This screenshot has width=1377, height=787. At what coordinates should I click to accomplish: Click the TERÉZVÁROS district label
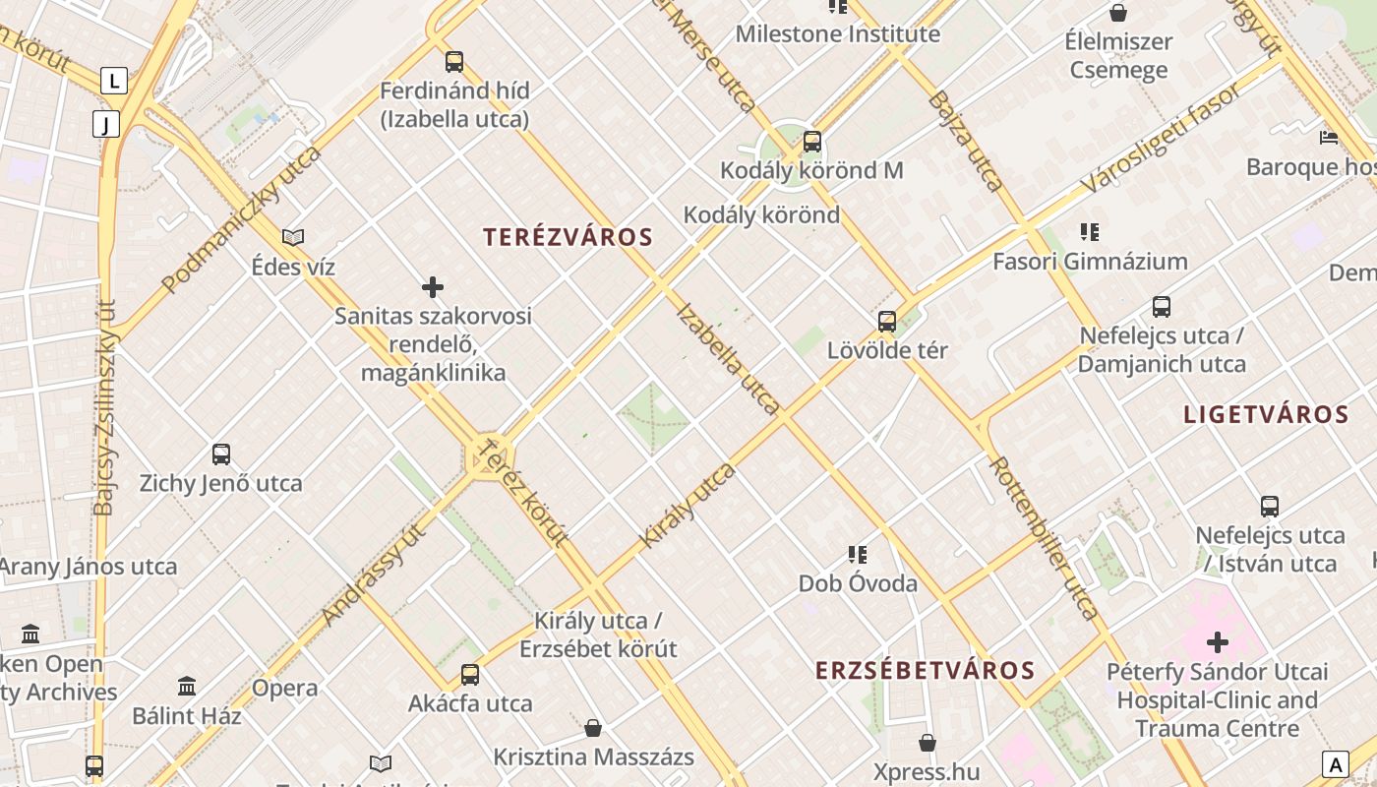coord(568,237)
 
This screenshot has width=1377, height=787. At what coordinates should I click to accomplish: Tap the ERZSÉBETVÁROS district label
coord(925,671)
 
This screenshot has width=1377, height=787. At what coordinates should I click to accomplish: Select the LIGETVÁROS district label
coord(1266,414)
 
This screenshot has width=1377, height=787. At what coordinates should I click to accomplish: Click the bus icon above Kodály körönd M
coord(811,142)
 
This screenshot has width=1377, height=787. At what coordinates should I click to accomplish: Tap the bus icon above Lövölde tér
coord(887,322)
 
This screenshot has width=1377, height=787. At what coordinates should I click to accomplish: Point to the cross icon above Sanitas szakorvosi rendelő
coord(433,287)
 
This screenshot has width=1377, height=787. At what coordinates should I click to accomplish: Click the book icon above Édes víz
coord(293,237)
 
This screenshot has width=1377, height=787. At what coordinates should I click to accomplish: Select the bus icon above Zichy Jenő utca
coord(221,454)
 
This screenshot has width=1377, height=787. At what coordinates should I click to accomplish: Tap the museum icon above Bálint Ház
coord(187,686)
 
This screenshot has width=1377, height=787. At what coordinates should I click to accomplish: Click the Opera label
coord(284,689)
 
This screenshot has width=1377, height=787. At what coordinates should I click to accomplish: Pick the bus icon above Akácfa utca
coord(470,675)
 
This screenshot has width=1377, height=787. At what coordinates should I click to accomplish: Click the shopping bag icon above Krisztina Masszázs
coord(593,728)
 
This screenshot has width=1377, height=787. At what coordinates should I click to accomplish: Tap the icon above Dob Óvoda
coord(858,555)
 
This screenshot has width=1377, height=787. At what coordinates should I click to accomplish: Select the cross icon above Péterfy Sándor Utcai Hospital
coord(1218,643)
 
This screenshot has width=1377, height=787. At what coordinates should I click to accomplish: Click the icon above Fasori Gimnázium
coord(1090,232)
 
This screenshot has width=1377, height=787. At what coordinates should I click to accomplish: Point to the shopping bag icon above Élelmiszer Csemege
coord(1118,13)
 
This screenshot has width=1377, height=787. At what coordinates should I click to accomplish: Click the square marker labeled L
coord(115,81)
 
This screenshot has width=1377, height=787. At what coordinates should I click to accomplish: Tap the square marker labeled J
coord(105,124)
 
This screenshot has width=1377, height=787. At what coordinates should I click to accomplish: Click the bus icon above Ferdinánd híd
coord(454,62)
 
